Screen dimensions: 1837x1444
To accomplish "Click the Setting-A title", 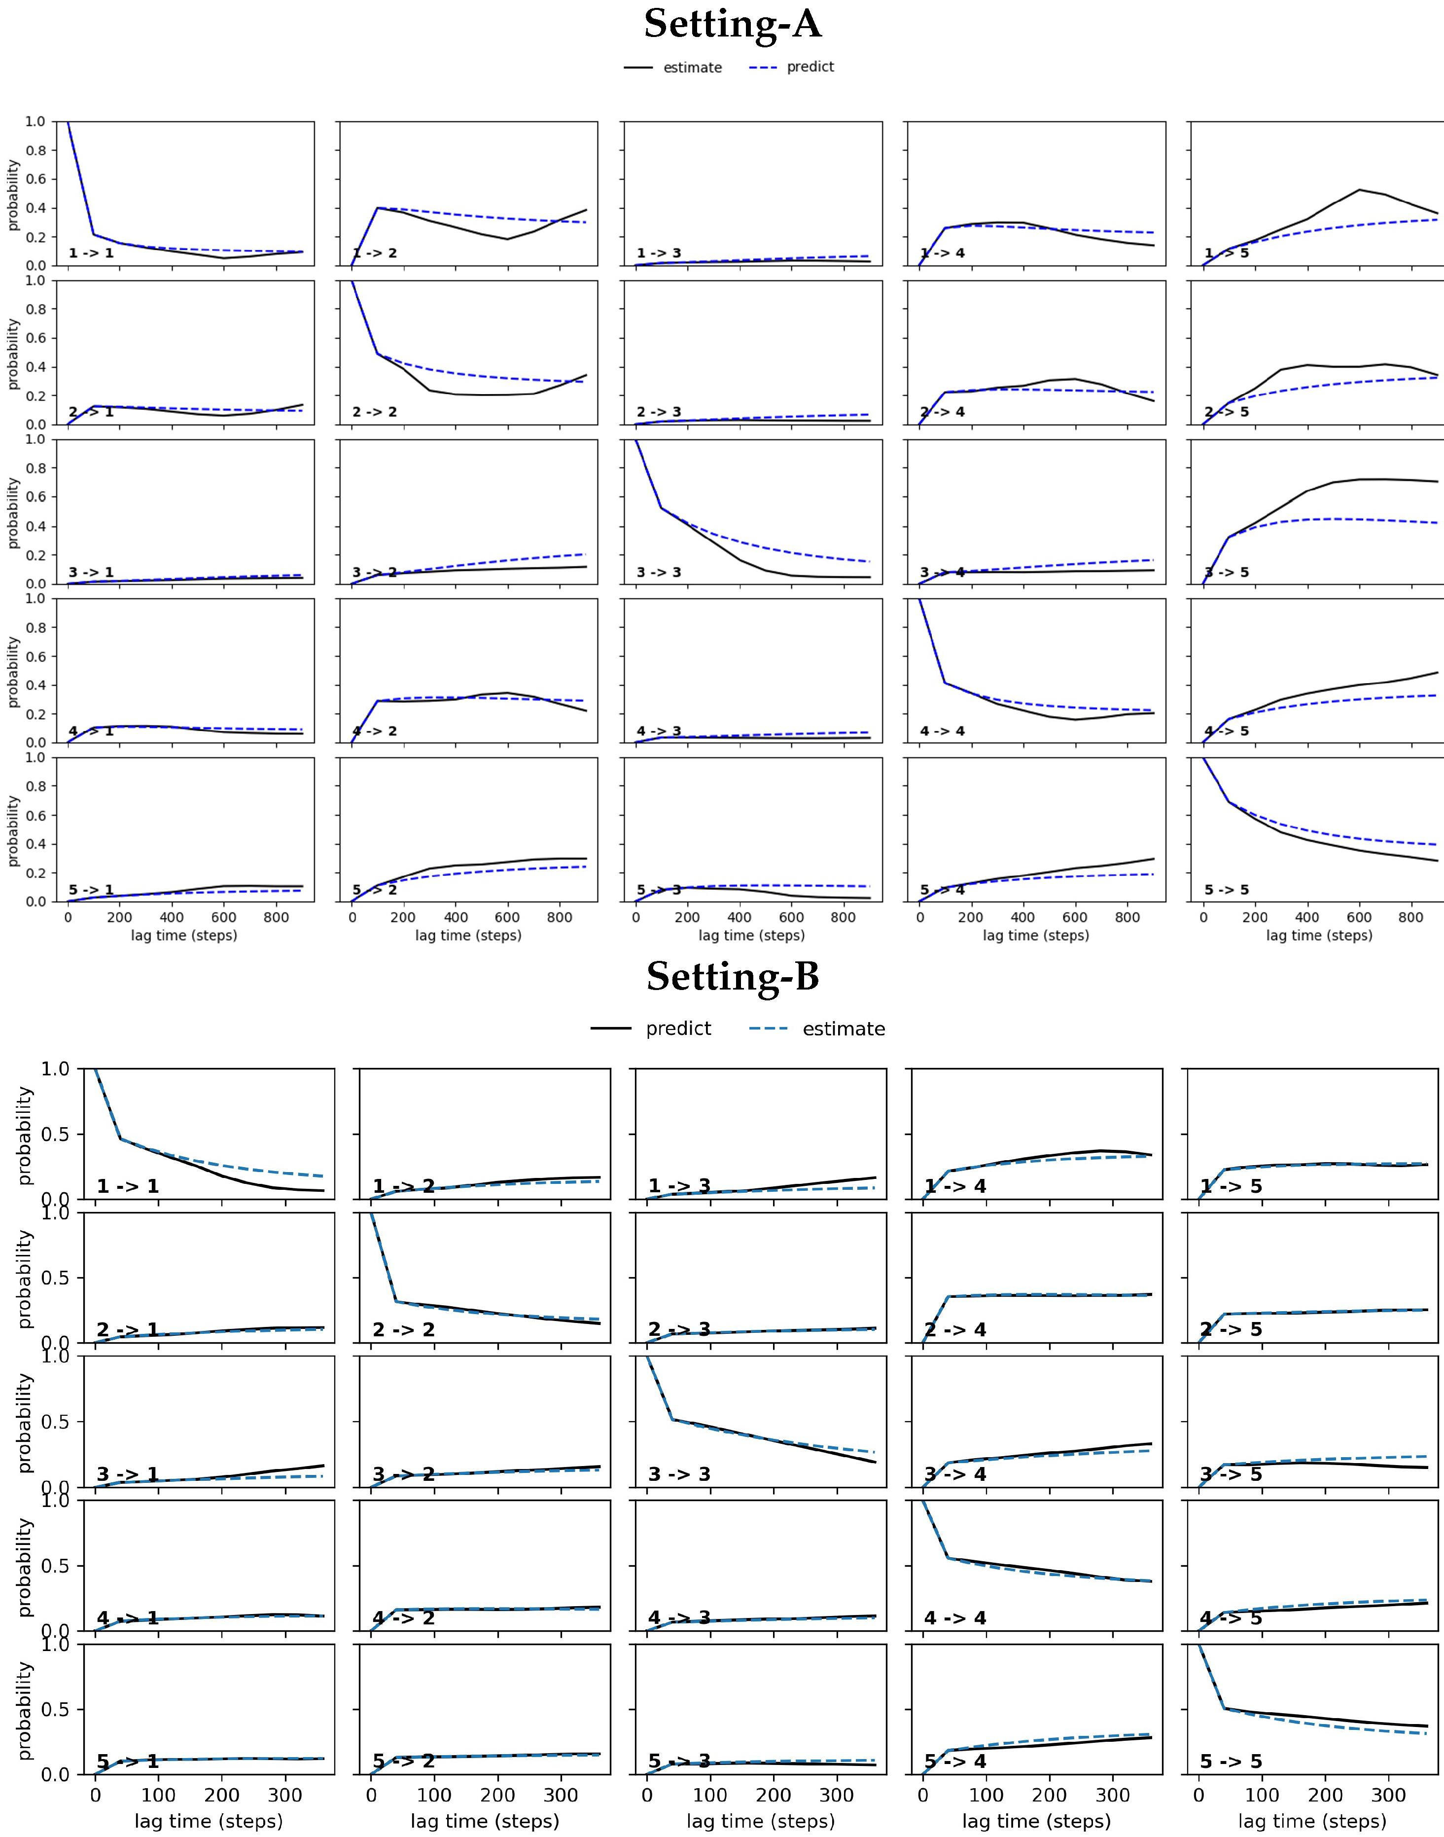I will pos(732,24).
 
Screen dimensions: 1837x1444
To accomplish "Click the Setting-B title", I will pos(732,977).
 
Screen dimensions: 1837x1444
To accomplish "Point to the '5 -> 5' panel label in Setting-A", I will pos(1226,890).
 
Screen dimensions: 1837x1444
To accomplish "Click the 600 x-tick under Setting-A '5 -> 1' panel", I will pos(224,918).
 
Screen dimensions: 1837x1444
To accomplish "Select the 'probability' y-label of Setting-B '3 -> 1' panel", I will pos(25,1423).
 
